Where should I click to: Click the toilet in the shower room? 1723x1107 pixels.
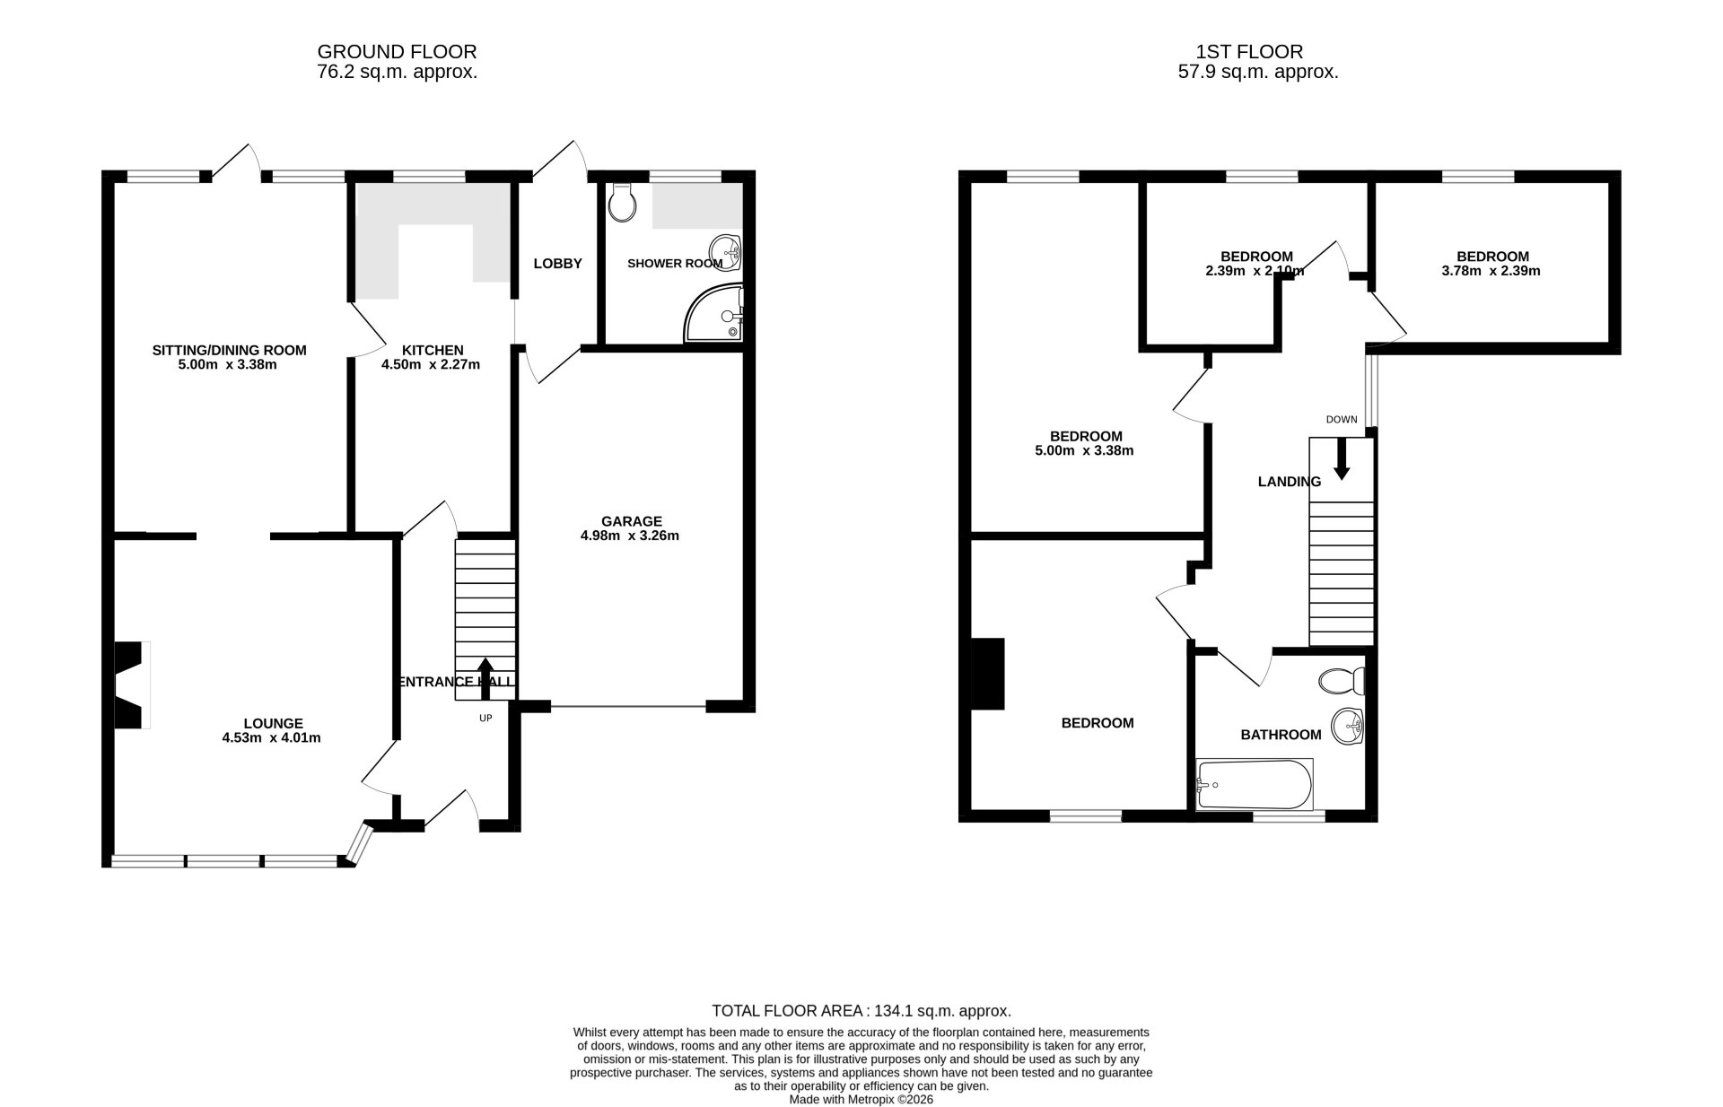click(x=621, y=204)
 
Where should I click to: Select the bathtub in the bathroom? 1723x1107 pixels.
click(x=1255, y=785)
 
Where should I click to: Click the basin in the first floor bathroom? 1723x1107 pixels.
click(x=1347, y=726)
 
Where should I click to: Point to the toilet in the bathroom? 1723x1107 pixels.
click(x=1341, y=681)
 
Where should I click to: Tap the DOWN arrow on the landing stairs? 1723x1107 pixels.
click(x=1342, y=459)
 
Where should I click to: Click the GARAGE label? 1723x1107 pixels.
click(x=631, y=521)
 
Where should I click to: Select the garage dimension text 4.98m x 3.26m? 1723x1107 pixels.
click(x=629, y=536)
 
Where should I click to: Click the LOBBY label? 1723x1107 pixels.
click(x=557, y=264)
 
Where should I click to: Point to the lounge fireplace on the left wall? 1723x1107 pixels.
click(x=129, y=684)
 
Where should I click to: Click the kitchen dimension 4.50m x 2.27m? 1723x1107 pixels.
click(x=431, y=365)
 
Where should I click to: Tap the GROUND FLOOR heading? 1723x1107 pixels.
click(x=397, y=52)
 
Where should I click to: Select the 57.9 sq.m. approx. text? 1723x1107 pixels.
click(x=1257, y=73)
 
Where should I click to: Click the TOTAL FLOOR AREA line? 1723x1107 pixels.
click(x=861, y=1011)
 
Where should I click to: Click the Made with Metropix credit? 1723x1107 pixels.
click(x=861, y=1099)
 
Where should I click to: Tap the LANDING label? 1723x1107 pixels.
click(x=1289, y=482)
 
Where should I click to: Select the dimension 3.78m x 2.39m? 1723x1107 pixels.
click(x=1491, y=271)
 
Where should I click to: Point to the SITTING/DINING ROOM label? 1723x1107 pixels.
click(x=229, y=351)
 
